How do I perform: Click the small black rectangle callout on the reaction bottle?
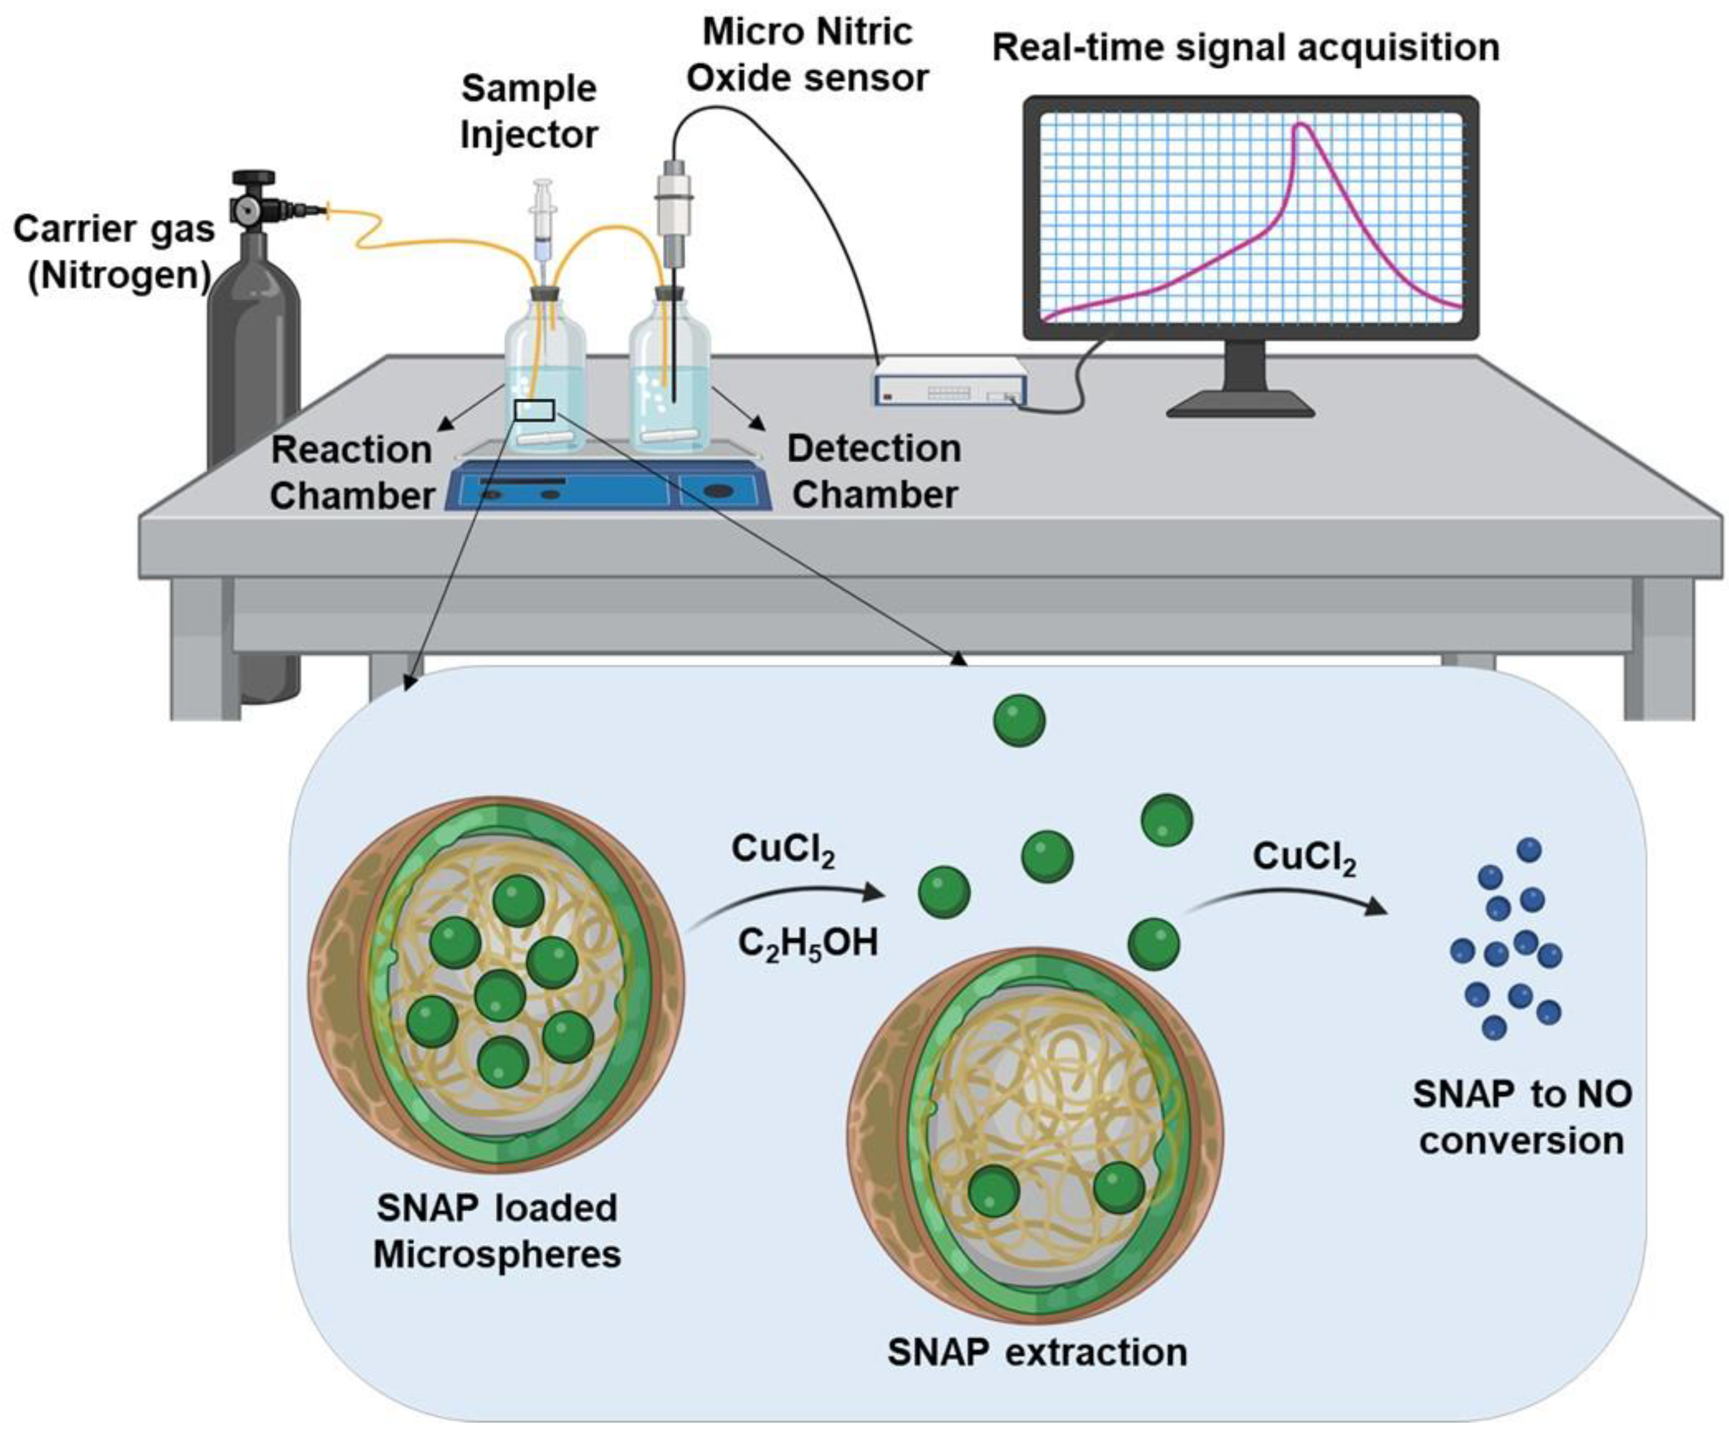click(x=534, y=409)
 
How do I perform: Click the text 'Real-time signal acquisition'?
click(x=1245, y=48)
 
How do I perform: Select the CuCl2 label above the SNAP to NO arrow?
click(x=1304, y=858)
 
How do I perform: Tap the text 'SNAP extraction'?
click(x=1037, y=1352)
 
